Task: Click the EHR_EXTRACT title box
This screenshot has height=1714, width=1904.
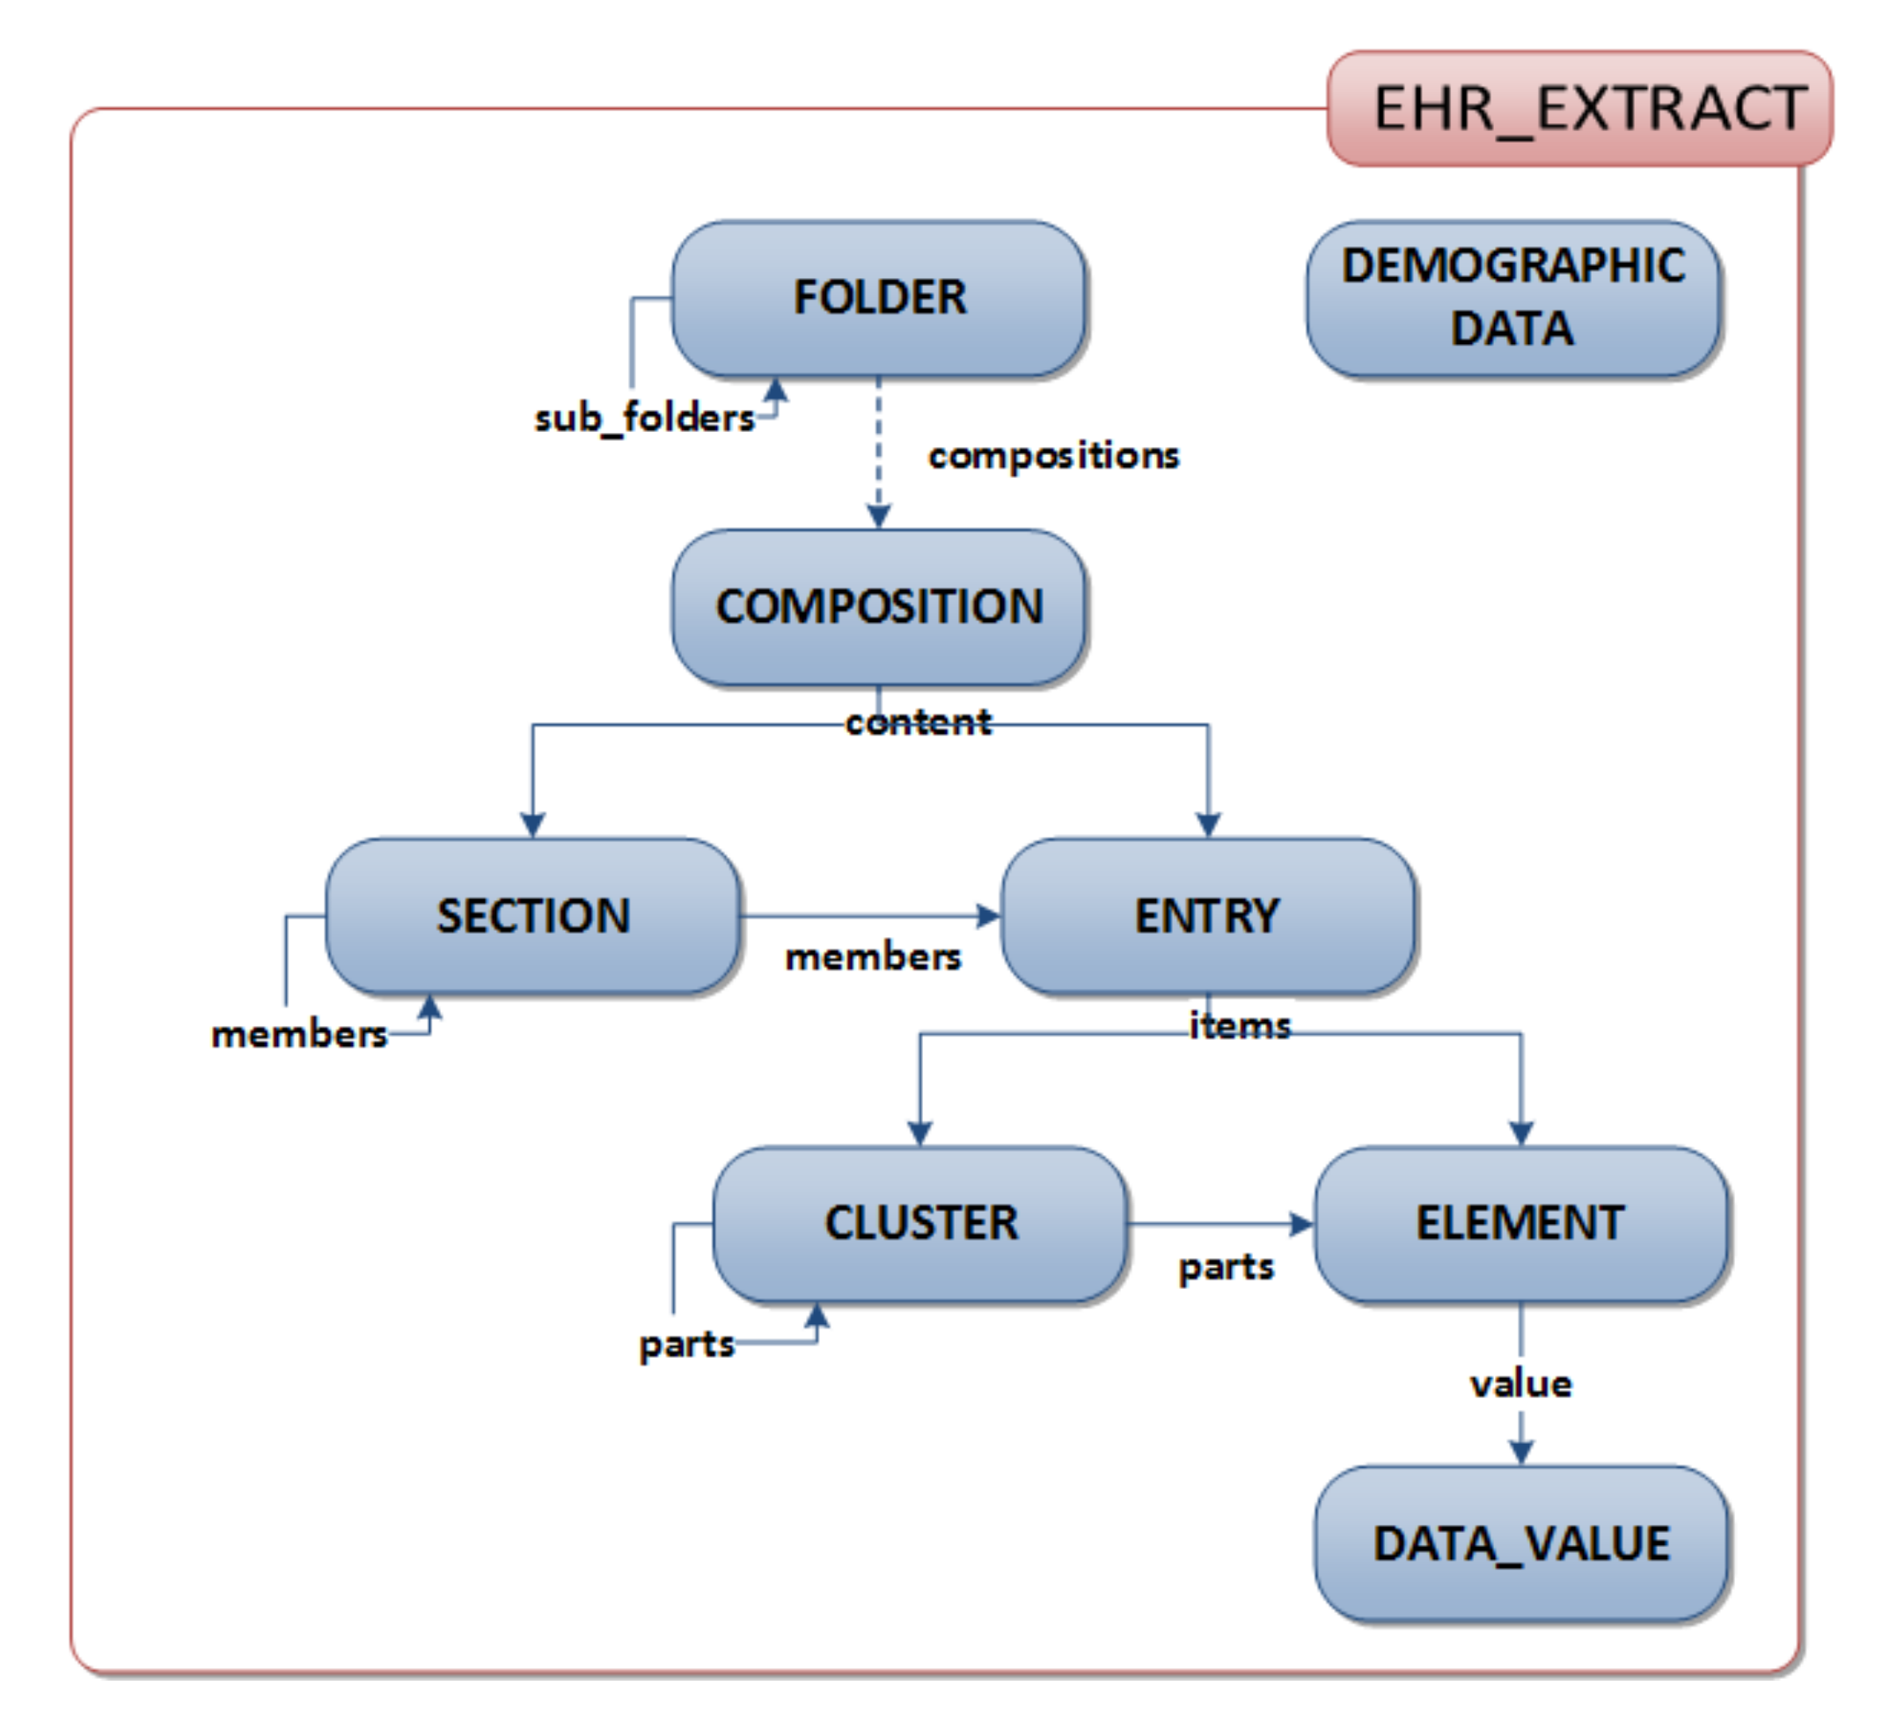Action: pyautogui.click(x=1579, y=109)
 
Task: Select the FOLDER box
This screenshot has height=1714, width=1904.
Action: pyautogui.click(x=879, y=298)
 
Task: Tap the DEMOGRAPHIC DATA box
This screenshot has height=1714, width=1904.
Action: pyautogui.click(x=1512, y=298)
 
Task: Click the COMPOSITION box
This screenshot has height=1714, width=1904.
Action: pyautogui.click(x=879, y=606)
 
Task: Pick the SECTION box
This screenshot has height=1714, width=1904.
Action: pyautogui.click(x=533, y=915)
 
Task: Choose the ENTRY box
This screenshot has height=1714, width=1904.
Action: pyautogui.click(x=1207, y=915)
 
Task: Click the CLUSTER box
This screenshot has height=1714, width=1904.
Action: pyautogui.click(x=920, y=1223)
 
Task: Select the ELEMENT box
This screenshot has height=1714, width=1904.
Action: pyautogui.click(x=1520, y=1223)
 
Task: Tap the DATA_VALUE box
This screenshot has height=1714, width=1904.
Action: pyautogui.click(x=1520, y=1543)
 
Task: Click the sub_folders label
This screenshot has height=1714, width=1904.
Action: pyautogui.click(x=644, y=418)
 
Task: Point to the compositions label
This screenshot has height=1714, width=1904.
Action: pyautogui.click(x=1053, y=456)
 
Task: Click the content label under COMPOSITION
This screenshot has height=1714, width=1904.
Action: pyautogui.click(x=918, y=723)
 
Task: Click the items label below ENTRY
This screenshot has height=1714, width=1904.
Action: pyautogui.click(x=1239, y=1026)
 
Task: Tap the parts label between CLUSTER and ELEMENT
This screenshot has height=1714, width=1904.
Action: pyautogui.click(x=1226, y=1268)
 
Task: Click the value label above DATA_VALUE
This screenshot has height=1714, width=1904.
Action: pyautogui.click(x=1520, y=1384)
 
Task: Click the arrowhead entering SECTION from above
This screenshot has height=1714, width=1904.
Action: pyautogui.click(x=533, y=825)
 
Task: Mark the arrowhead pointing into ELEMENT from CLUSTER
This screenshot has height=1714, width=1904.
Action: pyautogui.click(x=1300, y=1224)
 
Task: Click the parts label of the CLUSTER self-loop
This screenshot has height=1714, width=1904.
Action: pyautogui.click(x=685, y=1344)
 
